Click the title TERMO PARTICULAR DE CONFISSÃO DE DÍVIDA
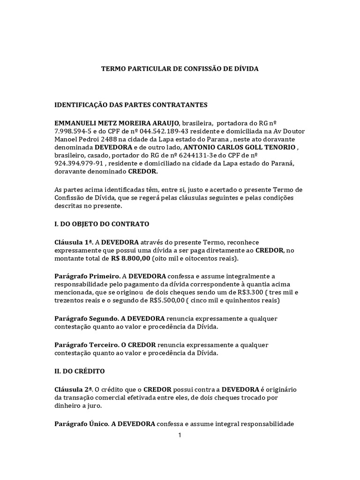coord(180,69)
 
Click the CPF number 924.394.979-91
coord(78,164)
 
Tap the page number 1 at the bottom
coord(179,435)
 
